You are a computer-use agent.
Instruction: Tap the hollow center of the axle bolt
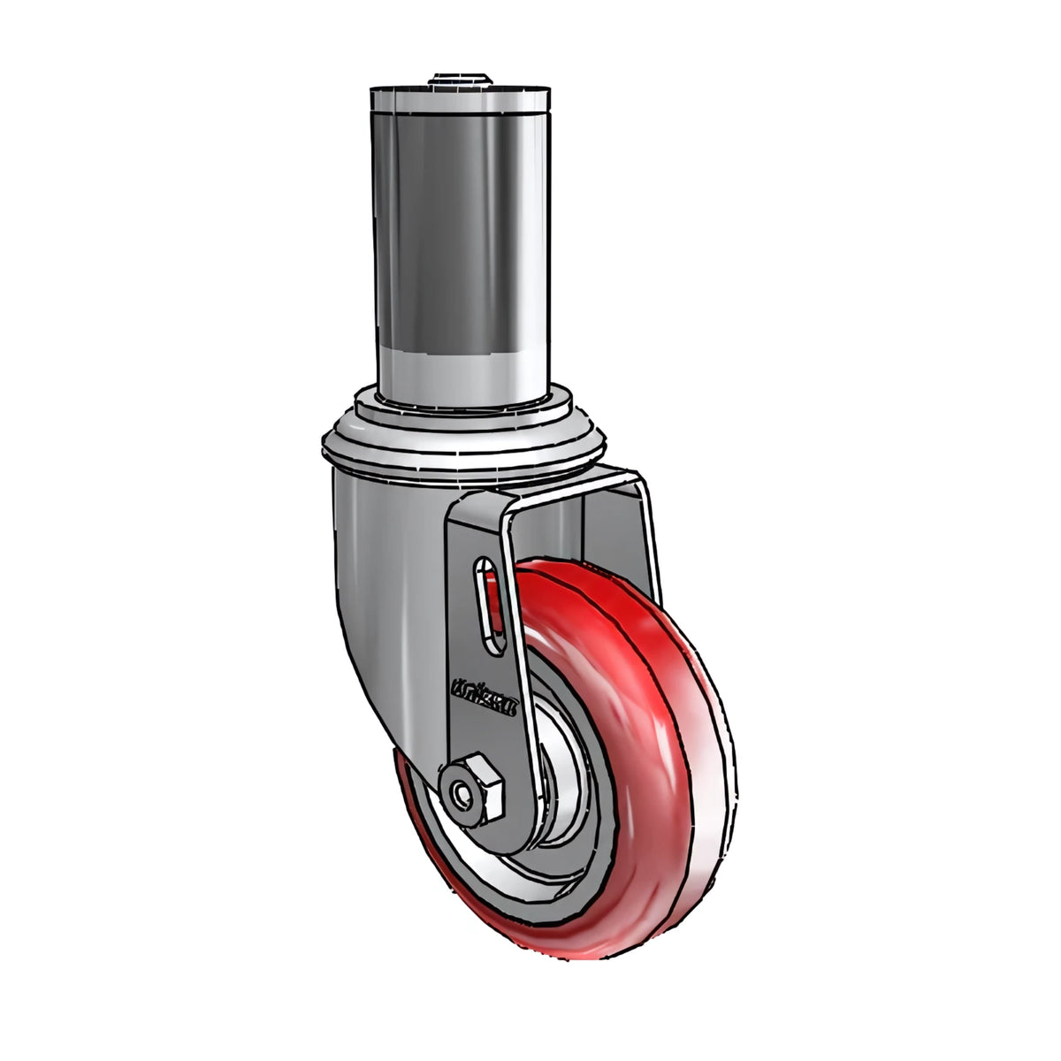click(462, 794)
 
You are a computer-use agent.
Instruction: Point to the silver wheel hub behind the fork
click(564, 778)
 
